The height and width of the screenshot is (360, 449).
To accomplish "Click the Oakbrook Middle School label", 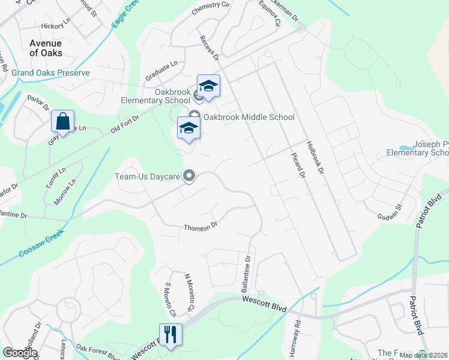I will pos(249,117).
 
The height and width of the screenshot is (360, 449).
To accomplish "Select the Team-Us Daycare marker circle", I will pos(190,176).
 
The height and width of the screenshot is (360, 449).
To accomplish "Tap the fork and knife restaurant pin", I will pos(170,335).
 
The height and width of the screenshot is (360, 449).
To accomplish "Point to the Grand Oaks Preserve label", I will pos(50,73).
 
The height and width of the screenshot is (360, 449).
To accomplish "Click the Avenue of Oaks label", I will pos(46,48).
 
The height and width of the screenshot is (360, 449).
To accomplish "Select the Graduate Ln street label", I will pos(161,71).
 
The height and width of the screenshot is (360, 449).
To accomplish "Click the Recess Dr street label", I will pos(209,47).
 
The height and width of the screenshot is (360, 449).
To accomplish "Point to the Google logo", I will pos(20,353).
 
